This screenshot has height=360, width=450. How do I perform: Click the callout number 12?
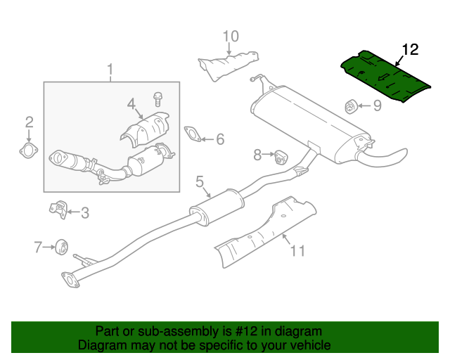pyautogui.click(x=410, y=49)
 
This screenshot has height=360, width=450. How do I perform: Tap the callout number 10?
pyautogui.click(x=231, y=36)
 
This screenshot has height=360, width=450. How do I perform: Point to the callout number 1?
pyautogui.click(x=110, y=70)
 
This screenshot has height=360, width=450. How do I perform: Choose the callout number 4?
pyautogui.click(x=131, y=105)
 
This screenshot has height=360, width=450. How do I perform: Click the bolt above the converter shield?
pyautogui.click(x=157, y=98)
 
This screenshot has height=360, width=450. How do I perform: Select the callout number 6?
pyautogui.click(x=220, y=139)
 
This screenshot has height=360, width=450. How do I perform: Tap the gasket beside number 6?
pyautogui.click(x=192, y=133)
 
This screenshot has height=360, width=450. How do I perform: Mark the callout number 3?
pyautogui.click(x=84, y=212)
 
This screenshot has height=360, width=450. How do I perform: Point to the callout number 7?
pyautogui.click(x=38, y=246)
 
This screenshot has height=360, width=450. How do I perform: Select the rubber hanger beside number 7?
pyautogui.click(x=60, y=246)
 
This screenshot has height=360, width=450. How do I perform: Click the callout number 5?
pyautogui.click(x=199, y=184)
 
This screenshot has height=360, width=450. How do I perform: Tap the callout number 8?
pyautogui.click(x=257, y=154)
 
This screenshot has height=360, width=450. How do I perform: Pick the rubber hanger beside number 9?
pyautogui.click(x=350, y=106)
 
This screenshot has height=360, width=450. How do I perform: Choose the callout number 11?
pyautogui.click(x=298, y=250)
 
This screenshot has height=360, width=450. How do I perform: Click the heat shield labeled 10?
pyautogui.click(x=227, y=62)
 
